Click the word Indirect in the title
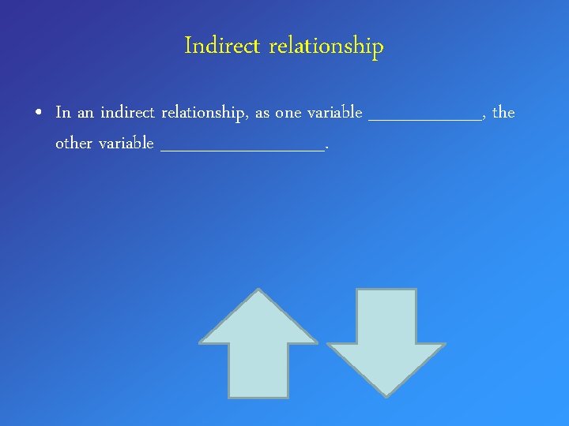222,47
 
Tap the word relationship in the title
326,47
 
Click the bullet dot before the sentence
39,114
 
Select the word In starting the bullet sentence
63,113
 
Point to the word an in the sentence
85,114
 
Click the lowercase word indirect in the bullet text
127,113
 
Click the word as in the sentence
262,114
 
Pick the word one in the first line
288,114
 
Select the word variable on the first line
334,113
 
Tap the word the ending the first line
503,113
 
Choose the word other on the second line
73,144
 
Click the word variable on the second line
126,144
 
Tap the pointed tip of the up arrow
258,291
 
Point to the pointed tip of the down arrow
386,394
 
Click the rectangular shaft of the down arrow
386,316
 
